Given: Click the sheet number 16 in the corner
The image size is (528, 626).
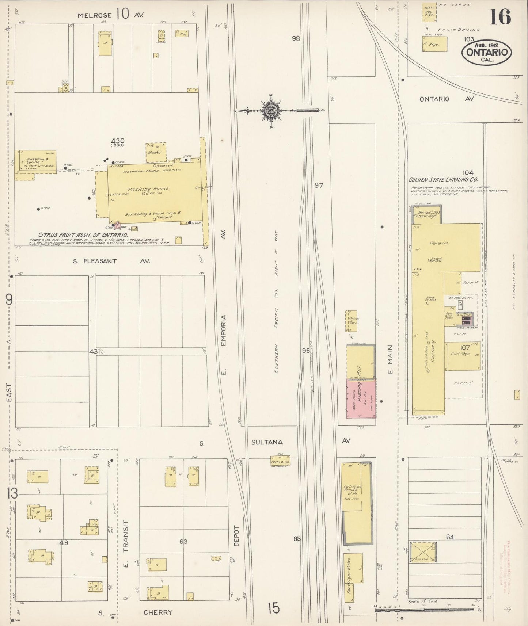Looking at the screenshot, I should tap(500, 17).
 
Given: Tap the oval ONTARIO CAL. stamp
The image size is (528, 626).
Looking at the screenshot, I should tap(487, 52).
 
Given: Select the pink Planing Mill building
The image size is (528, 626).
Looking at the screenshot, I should tap(361, 399).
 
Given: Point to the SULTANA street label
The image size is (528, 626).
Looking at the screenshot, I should tap(267, 442).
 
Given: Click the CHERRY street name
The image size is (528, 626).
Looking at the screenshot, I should tap(158, 612).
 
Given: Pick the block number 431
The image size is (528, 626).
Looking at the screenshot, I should tap(94, 352).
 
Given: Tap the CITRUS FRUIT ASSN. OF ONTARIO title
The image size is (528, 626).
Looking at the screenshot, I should tap(83, 235).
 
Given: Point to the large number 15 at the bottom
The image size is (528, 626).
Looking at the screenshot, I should tap(273, 608).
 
